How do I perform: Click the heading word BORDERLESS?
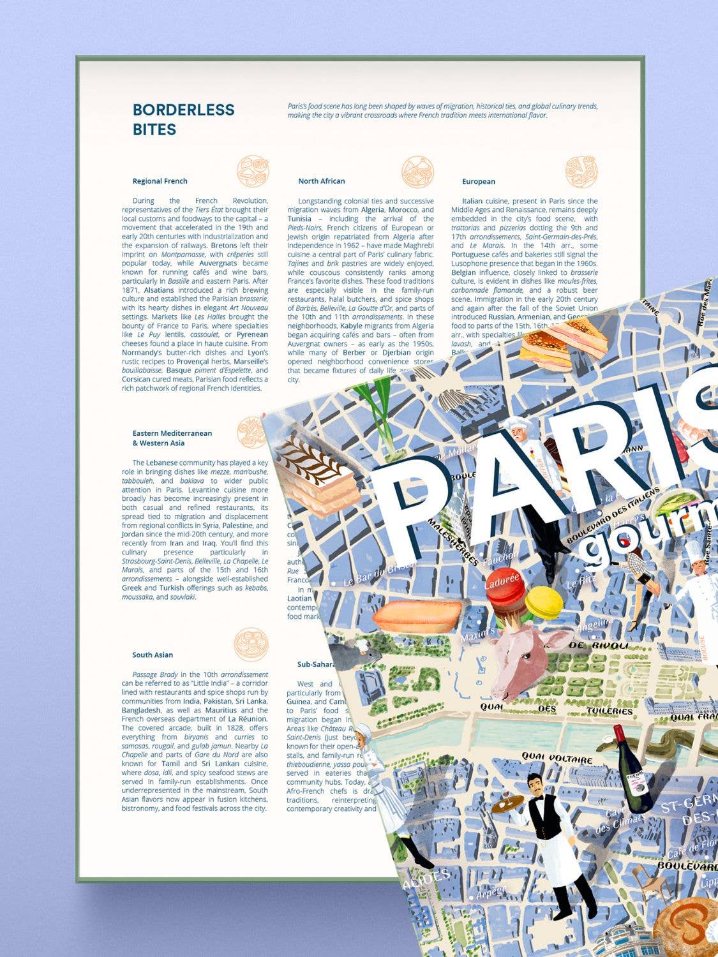click(x=184, y=110)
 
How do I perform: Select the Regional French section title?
click(x=160, y=181)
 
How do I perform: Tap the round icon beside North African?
click(x=418, y=172)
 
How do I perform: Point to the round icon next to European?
click(x=581, y=172)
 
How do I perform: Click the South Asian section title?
click(x=153, y=655)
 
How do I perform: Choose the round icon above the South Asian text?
click(x=251, y=644)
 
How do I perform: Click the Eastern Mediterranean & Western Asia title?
click(x=172, y=438)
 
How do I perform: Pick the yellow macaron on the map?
click(x=543, y=603)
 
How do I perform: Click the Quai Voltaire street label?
click(x=557, y=758)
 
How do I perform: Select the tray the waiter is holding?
click(x=507, y=803)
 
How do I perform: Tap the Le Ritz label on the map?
click(x=581, y=582)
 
